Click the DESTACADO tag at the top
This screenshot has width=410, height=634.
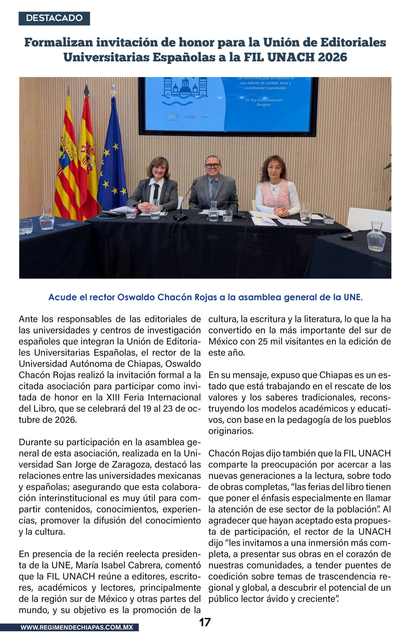(54, 18)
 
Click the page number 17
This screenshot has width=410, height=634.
(205, 622)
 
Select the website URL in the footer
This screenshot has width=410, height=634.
(77, 627)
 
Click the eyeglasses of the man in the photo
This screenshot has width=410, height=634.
(212, 166)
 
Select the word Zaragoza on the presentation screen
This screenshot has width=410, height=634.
(263, 105)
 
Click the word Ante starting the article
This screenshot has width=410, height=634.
(28, 319)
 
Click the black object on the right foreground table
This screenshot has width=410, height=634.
(347, 237)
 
